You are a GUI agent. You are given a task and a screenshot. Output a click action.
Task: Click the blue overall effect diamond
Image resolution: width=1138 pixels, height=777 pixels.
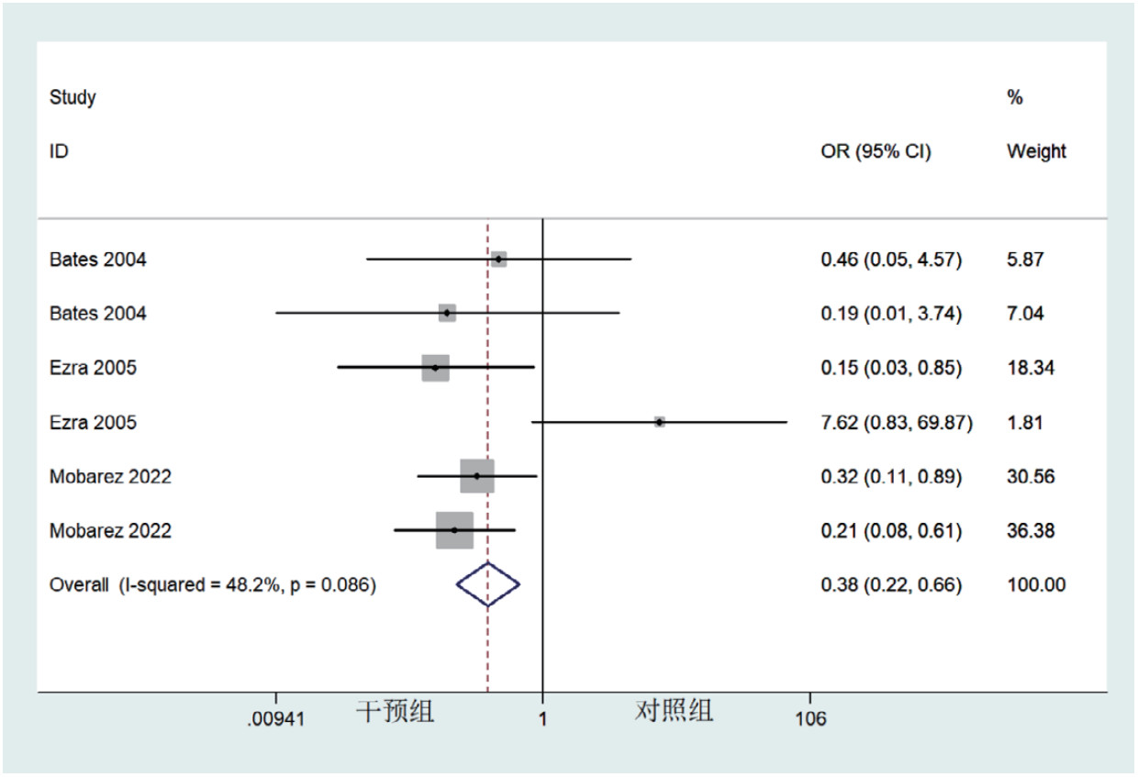(x=488, y=584)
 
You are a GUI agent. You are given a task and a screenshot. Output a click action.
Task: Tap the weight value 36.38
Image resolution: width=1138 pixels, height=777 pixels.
(x=1031, y=531)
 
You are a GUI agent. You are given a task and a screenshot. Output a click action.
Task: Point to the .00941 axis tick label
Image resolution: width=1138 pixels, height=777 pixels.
(x=274, y=719)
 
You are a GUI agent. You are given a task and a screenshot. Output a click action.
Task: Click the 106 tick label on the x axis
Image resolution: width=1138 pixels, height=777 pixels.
(x=811, y=719)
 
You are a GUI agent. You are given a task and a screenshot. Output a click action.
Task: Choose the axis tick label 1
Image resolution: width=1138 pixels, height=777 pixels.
(x=542, y=719)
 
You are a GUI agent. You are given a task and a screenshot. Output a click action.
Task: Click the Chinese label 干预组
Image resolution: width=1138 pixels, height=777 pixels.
(x=395, y=711)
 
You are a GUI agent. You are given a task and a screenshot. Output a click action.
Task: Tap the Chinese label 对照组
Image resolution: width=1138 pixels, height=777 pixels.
(x=674, y=711)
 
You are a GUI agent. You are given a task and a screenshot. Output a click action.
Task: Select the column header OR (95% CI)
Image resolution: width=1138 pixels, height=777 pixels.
(x=876, y=152)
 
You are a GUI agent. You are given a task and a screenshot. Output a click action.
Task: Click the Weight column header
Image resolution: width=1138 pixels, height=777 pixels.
(x=1036, y=151)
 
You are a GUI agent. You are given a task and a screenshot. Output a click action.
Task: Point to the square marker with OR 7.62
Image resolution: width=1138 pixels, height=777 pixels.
(x=659, y=422)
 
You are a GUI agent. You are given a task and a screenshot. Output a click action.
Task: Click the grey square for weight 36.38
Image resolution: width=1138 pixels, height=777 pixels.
(x=454, y=530)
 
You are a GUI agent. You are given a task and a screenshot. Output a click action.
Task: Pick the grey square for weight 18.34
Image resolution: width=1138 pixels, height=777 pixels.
(x=435, y=368)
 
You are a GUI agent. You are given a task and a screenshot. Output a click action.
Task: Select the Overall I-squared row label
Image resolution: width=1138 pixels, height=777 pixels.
(x=213, y=585)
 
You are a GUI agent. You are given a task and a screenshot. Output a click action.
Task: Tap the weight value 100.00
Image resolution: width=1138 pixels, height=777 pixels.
(x=1036, y=585)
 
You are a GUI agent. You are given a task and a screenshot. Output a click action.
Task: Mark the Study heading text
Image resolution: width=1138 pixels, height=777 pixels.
(x=73, y=97)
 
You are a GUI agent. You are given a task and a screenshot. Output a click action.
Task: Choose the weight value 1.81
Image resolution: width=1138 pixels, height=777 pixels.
(x=1025, y=423)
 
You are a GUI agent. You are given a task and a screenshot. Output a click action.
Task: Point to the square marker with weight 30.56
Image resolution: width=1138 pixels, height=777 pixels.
(x=477, y=476)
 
